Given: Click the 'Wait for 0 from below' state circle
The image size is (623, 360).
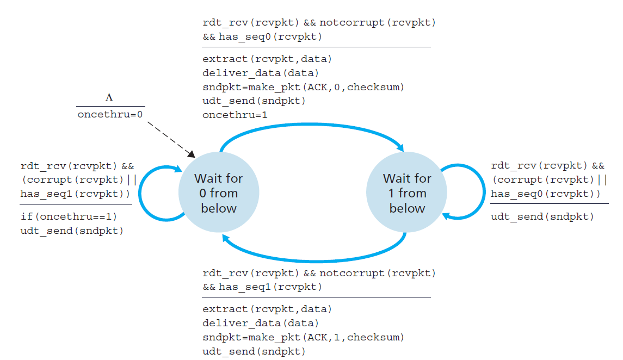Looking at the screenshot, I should pyautogui.click(x=219, y=193).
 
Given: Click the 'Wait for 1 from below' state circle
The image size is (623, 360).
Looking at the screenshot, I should pyautogui.click(x=407, y=193).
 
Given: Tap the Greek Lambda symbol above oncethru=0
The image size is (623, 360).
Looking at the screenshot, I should pyautogui.click(x=110, y=97).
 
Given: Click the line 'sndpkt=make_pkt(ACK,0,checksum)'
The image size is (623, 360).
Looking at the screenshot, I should pyautogui.click(x=303, y=87).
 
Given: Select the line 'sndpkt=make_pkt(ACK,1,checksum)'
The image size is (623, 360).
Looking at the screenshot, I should pyautogui.click(x=303, y=337).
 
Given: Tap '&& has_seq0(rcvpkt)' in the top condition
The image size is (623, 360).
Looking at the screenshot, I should pyautogui.click(x=262, y=36).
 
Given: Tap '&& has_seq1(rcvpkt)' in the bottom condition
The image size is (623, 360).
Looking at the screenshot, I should pyautogui.click(x=262, y=287).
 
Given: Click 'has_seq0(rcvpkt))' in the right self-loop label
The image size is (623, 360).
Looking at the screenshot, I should pyautogui.click(x=546, y=194).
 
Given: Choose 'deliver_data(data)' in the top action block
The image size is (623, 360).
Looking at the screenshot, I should pyautogui.click(x=261, y=73).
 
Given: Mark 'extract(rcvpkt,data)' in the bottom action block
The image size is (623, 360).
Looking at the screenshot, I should pyautogui.click(x=267, y=309).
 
